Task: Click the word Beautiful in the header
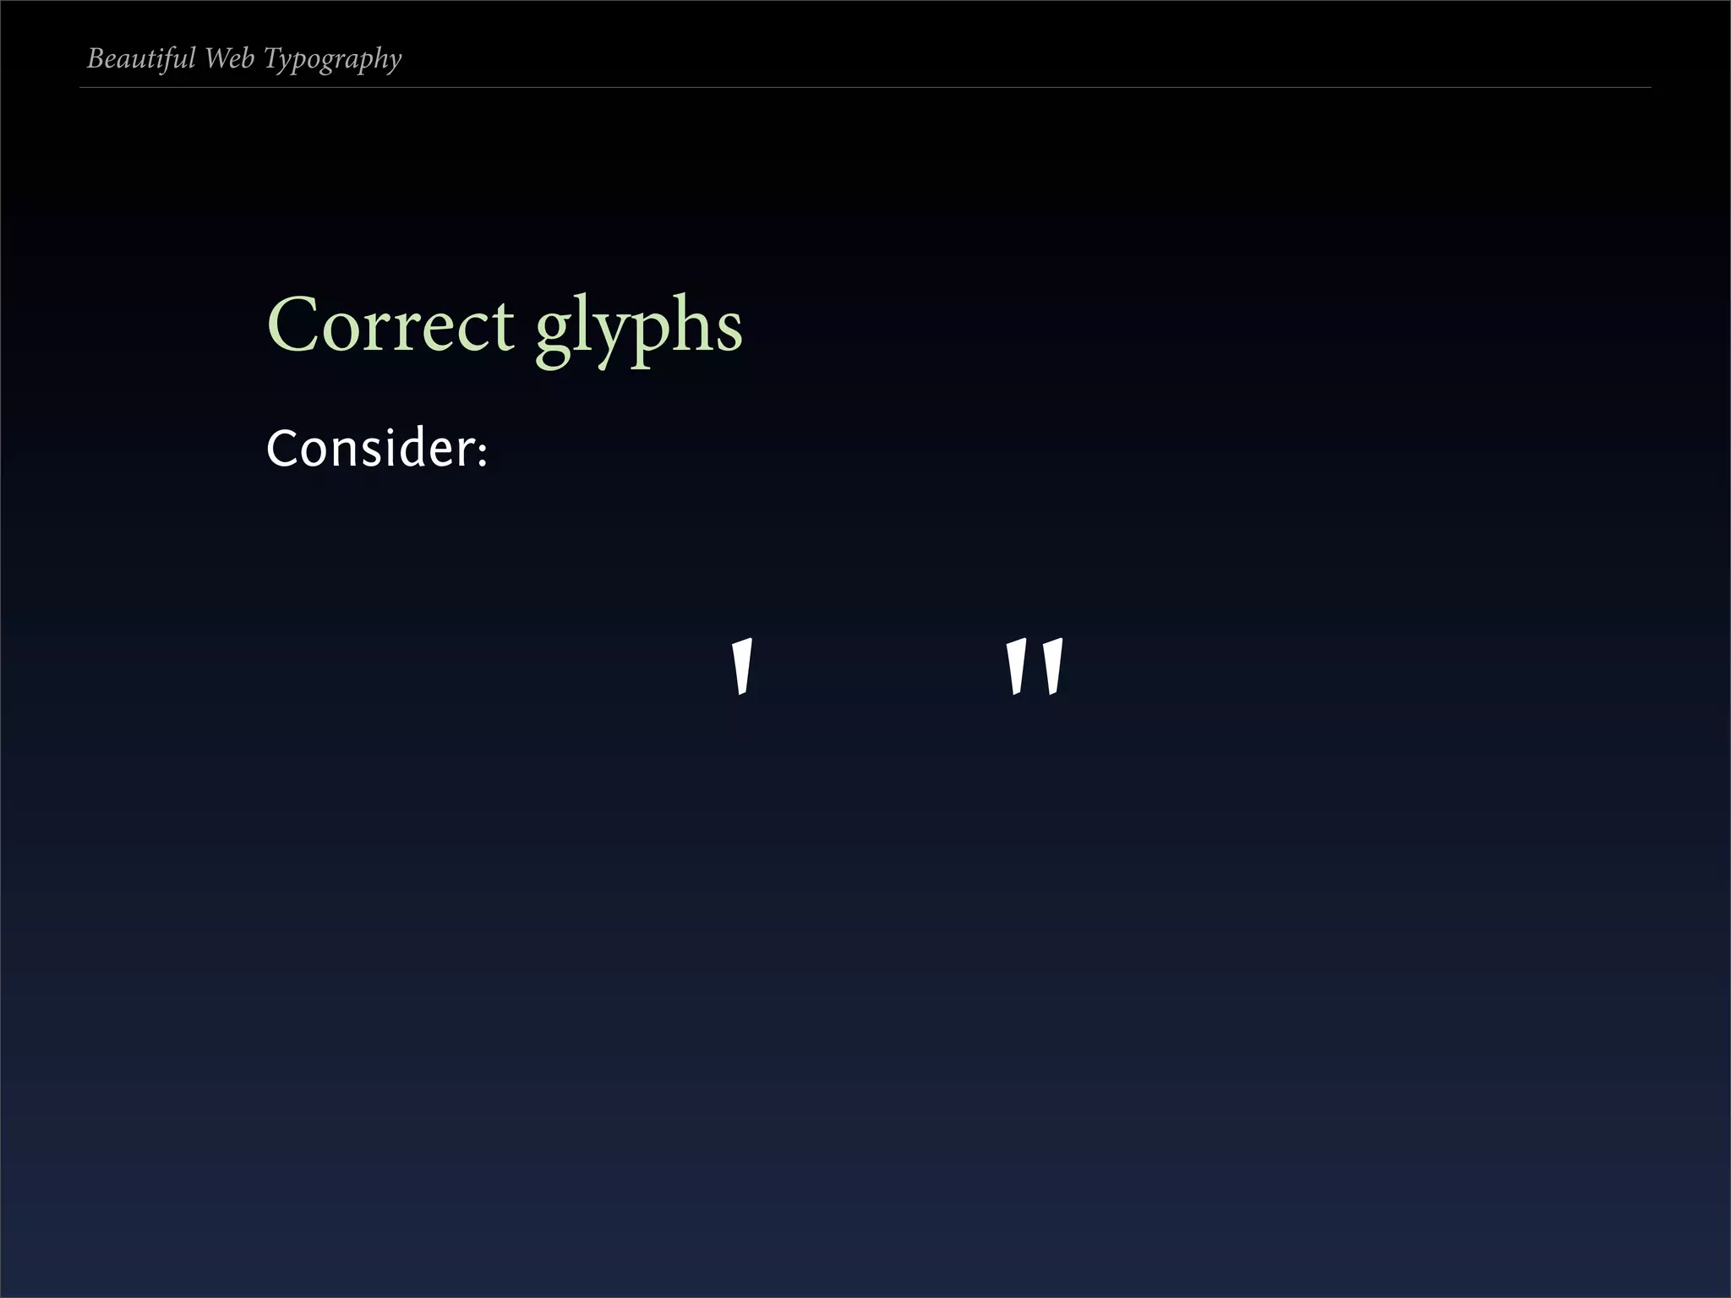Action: [141, 58]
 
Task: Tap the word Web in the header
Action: [229, 58]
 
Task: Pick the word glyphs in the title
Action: [639, 327]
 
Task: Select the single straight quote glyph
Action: [741, 668]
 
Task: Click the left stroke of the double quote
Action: [1016, 668]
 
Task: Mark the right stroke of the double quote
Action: [1053, 668]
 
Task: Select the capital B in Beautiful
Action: [96, 58]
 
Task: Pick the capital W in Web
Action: [217, 58]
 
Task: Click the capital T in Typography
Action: [272, 58]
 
